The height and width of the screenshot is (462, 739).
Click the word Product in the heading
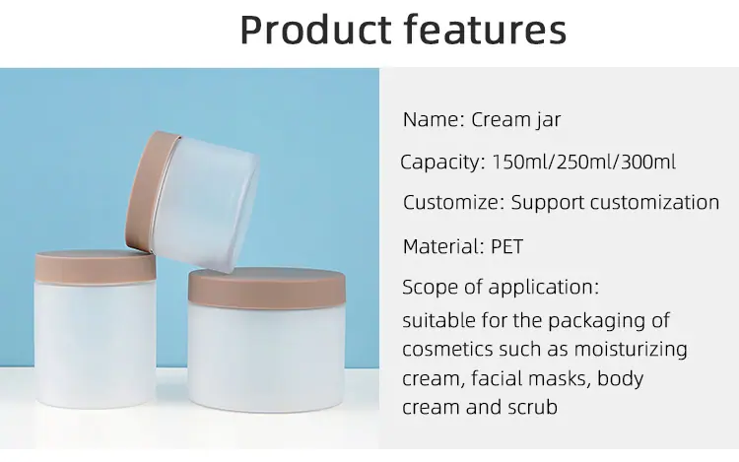click(x=315, y=30)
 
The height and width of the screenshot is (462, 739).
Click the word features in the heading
click(x=486, y=30)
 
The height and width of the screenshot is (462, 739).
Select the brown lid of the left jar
click(x=96, y=267)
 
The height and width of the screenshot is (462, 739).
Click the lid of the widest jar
click(x=267, y=286)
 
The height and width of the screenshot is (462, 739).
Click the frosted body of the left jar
click(x=96, y=344)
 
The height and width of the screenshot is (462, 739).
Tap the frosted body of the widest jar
click(x=267, y=357)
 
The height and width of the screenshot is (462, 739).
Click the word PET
click(x=507, y=246)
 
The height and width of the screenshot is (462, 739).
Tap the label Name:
click(x=434, y=119)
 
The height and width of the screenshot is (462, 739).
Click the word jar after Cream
click(x=548, y=120)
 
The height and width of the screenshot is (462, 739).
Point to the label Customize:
click(x=453, y=203)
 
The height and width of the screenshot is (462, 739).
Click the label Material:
click(x=443, y=246)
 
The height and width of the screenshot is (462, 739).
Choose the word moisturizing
click(x=631, y=350)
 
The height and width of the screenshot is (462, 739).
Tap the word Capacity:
click(x=442, y=163)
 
